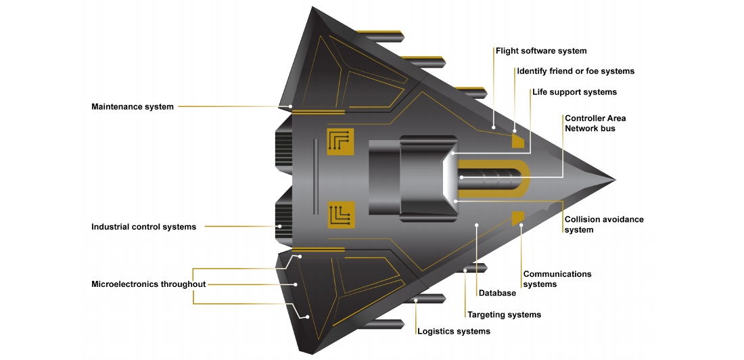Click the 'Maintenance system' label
pos(133,107)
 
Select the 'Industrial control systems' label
pos(143,227)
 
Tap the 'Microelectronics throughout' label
pos(148,284)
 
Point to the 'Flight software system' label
pos(541,51)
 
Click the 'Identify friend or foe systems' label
pos(576,71)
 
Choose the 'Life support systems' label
pos(574,92)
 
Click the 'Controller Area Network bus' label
pos(595,123)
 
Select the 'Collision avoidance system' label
pos(604,225)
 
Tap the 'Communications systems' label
pos(557,279)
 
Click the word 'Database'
pos(497,293)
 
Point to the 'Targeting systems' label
pos(504,315)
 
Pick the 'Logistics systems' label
pos(453,331)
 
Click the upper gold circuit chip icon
pos(340,141)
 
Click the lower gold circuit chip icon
pos(340,215)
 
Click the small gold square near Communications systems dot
pos(518,217)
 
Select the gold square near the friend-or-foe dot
pos(518,141)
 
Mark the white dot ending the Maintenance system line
pos(291,106)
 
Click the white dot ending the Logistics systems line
pos(416,299)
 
